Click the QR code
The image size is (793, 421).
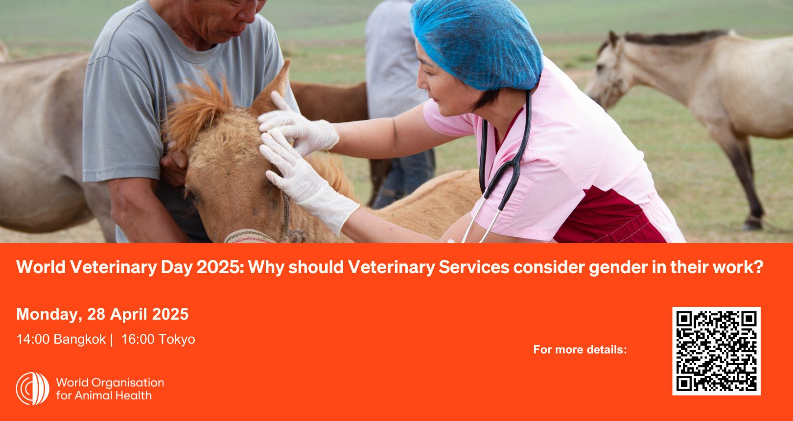tap(716, 351)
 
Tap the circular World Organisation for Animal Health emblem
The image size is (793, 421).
tap(33, 388)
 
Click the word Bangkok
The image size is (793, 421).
tap(79, 339)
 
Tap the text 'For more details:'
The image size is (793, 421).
tap(580, 350)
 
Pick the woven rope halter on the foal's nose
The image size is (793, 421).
tap(264, 230)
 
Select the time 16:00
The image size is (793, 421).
tap(138, 339)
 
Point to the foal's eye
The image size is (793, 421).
tap(193, 196)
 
